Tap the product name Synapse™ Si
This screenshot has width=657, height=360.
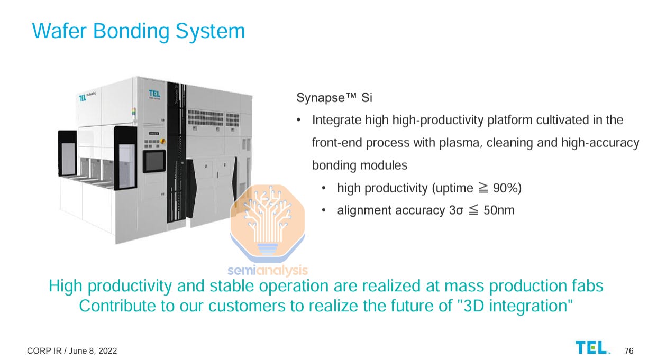[334, 98]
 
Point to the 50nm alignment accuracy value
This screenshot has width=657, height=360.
[498, 210]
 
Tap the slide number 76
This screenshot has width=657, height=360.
[628, 351]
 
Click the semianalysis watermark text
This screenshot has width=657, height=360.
[268, 271]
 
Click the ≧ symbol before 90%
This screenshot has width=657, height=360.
[482, 188]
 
